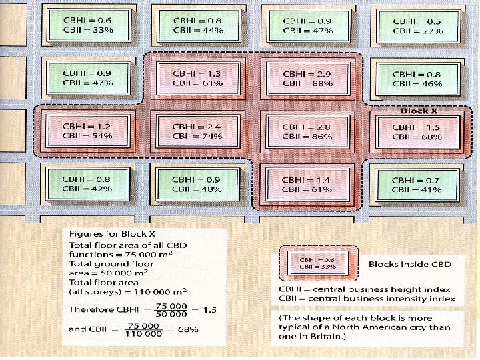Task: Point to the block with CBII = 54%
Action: tap(87, 131)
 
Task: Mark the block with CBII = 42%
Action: tap(87, 185)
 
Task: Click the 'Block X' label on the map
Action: tap(419, 111)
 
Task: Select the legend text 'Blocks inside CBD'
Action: tap(410, 264)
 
